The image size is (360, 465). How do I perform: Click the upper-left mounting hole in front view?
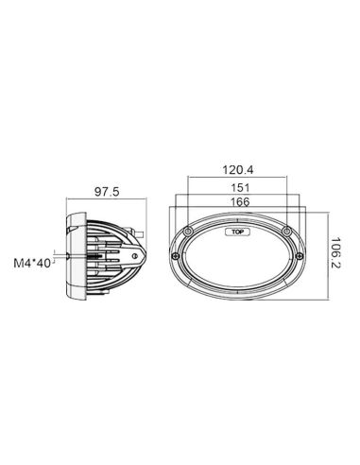point(192,232)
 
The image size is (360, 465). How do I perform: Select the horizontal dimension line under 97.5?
point(104,202)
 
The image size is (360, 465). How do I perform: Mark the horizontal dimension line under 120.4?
point(240,178)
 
